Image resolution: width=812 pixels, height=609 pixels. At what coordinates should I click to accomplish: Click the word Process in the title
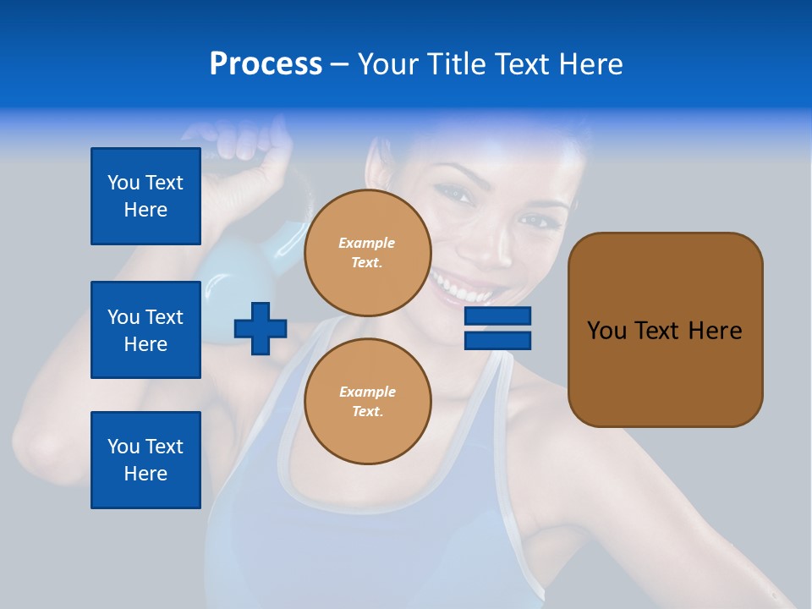pos(266,64)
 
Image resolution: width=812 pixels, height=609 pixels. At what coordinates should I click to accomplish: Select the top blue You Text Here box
pos(145,196)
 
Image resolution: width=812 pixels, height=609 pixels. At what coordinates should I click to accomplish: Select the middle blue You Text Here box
pos(145,330)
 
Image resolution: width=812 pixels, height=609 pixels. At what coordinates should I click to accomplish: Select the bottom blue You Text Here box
pos(145,460)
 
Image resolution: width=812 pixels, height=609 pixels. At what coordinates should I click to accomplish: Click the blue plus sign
pos(261,328)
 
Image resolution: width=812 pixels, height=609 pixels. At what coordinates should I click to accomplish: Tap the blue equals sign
pos(497,328)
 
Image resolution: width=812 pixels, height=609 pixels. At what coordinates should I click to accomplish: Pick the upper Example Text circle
pos(367,253)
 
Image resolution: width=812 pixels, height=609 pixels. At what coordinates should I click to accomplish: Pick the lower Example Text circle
pos(367,402)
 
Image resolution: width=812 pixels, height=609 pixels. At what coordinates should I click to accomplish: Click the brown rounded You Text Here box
pos(665,330)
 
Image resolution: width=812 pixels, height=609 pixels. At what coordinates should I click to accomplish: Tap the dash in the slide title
pos(340,64)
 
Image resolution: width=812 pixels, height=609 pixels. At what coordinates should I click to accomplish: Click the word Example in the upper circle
pos(367,243)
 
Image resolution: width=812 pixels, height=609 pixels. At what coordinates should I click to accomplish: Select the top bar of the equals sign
pos(497,316)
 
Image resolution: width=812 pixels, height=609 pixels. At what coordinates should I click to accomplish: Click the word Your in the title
pos(387,64)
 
